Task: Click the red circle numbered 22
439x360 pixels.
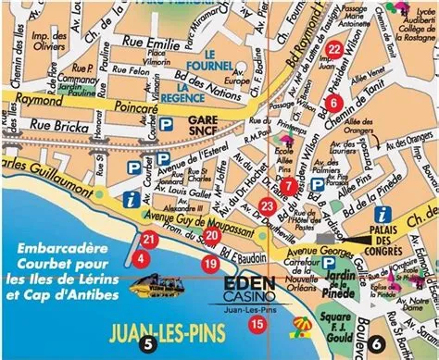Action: [x=334, y=50]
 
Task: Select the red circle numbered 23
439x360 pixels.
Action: [x=267, y=205]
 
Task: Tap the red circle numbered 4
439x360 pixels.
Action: [x=140, y=258]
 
